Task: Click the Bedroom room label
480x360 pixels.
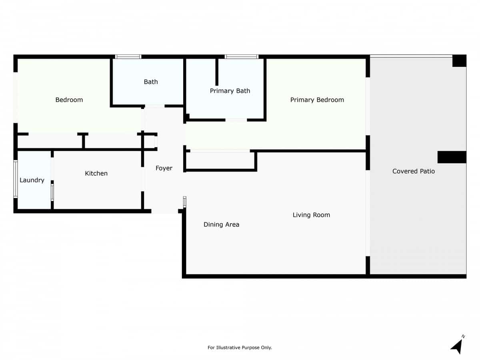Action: (69, 100)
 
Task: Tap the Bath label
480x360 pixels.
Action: (151, 82)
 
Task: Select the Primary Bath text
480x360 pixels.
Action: (230, 91)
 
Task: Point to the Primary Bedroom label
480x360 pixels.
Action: (317, 100)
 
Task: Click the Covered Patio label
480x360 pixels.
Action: (414, 171)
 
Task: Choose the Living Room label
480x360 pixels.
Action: (311, 215)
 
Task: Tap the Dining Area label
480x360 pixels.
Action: (221, 224)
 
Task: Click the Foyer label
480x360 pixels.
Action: (164, 168)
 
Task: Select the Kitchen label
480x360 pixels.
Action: (96, 173)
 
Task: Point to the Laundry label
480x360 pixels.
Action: (32, 180)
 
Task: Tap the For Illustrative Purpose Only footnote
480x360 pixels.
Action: (240, 348)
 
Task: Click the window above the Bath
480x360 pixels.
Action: (128, 57)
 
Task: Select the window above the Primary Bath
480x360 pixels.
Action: (242, 57)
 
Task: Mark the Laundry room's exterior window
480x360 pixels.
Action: (16, 179)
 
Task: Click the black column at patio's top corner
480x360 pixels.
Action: (459, 61)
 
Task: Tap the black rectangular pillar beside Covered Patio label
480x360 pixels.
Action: (452, 157)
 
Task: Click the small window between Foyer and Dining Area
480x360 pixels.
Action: (184, 202)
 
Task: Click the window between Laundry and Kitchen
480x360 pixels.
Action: (52, 192)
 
